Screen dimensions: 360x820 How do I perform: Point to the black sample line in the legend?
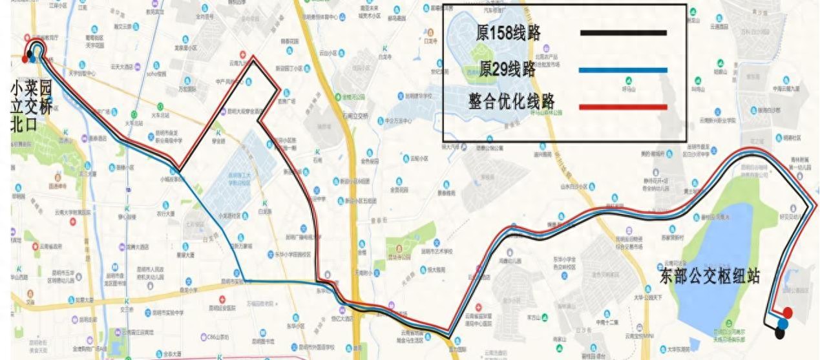pyautogui.click(x=623, y=33)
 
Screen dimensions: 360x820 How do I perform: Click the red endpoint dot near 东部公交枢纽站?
pyautogui.click(x=787, y=313)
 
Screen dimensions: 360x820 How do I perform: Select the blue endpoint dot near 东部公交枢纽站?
pyautogui.click(x=783, y=323)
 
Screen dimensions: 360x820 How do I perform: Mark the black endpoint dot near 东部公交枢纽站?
pyautogui.click(x=780, y=334)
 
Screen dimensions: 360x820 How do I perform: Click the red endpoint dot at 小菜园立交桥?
pyautogui.click(x=25, y=59)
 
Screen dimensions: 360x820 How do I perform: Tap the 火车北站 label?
pyautogui.click(x=141, y=116)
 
